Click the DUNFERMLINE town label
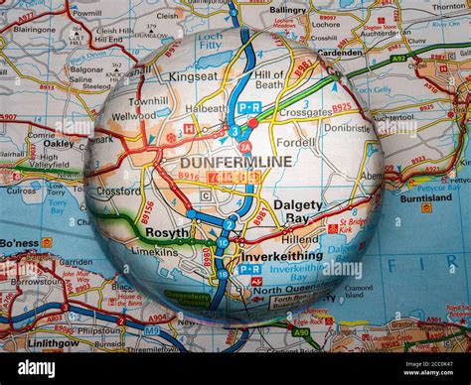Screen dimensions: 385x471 (235, 161)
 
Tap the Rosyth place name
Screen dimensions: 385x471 (168, 231)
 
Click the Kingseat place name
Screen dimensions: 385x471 (193, 75)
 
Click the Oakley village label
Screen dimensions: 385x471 (59, 143)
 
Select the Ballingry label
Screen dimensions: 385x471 (288, 10)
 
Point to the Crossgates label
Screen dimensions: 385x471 (305, 113)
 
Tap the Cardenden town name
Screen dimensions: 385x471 (340, 54)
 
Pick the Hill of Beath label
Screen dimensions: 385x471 (269, 80)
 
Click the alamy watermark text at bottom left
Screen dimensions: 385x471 (38, 368)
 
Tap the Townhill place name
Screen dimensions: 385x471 (149, 101)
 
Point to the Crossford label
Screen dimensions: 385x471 (118, 192)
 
